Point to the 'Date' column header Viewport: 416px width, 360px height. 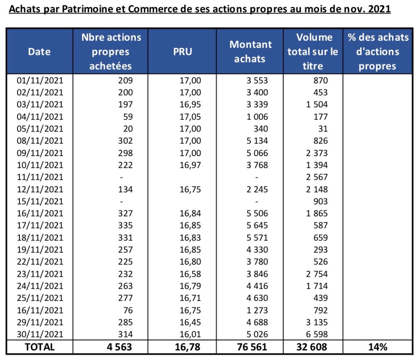pos(40,52)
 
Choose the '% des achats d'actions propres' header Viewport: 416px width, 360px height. pos(378,52)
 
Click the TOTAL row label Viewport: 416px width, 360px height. pos(40,347)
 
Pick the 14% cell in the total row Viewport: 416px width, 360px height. pos(378,347)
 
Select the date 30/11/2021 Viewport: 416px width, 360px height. pos(40,334)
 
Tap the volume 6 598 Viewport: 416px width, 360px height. pos(317,334)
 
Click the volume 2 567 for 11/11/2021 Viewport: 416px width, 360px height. pos(317,177)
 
